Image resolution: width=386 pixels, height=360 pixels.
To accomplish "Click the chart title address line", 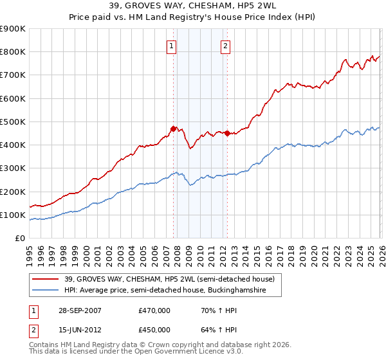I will click(193, 6).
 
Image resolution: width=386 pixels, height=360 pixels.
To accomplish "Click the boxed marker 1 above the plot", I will click(172, 46).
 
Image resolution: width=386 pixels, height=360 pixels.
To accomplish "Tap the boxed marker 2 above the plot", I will click(226, 46).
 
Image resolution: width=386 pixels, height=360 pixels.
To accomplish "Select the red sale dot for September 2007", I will click(173, 129).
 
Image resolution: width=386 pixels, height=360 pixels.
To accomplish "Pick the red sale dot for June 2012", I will click(226, 133).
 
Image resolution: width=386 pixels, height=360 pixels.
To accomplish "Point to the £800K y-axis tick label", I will click(13, 52).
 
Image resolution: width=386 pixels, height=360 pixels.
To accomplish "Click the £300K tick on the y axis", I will click(13, 168).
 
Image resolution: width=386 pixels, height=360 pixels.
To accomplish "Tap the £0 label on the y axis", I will click(20, 239).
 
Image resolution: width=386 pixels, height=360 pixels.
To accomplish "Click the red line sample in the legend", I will click(46, 279).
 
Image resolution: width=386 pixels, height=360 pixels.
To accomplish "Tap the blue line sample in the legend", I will click(46, 291).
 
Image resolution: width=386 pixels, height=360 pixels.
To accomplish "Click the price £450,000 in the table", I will click(154, 330).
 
